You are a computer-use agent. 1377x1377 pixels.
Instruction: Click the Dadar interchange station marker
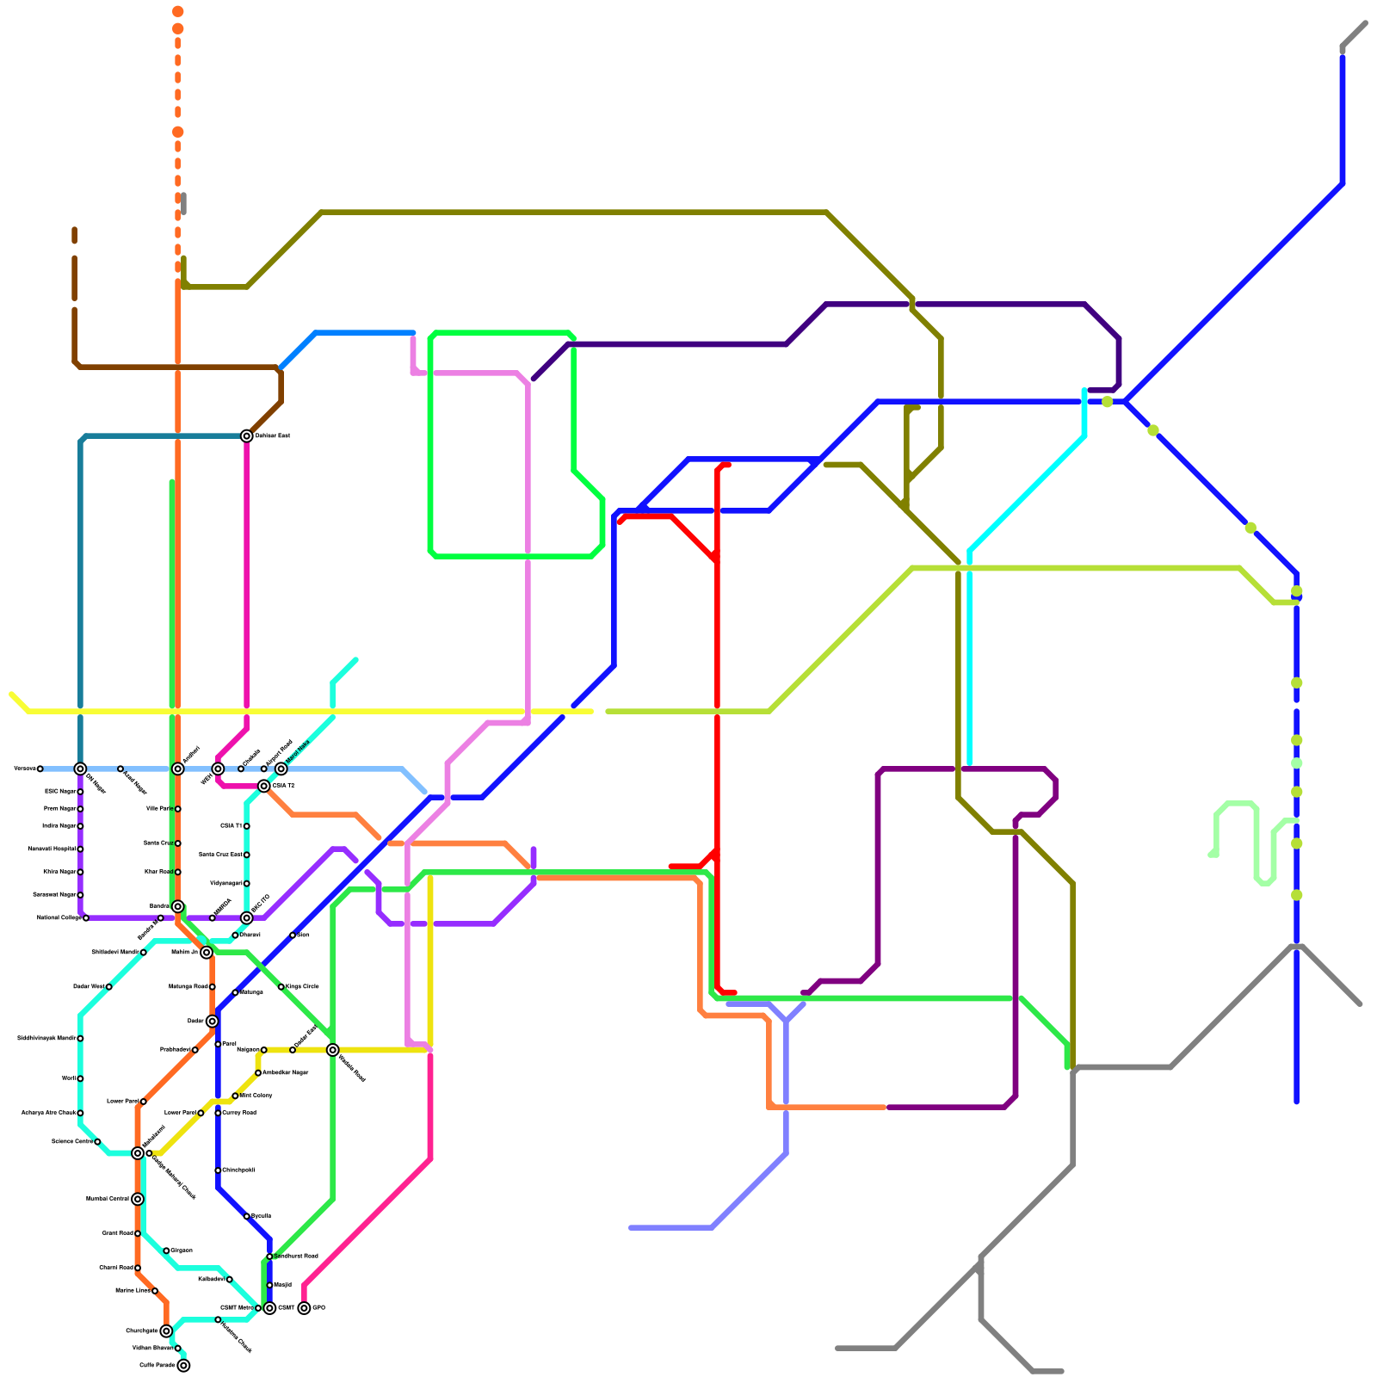[x=212, y=1021]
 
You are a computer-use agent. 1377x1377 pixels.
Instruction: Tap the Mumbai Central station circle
[x=138, y=1199]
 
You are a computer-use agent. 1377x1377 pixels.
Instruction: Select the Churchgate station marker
[x=166, y=1331]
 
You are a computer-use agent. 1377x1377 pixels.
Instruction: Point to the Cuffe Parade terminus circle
[x=183, y=1365]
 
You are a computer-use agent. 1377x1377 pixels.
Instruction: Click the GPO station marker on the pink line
[x=304, y=1308]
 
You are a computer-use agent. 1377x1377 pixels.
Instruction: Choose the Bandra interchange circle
[x=177, y=906]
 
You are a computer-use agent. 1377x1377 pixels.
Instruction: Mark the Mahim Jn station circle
[x=207, y=952]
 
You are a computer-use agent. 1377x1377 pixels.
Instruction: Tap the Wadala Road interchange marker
[x=332, y=1050]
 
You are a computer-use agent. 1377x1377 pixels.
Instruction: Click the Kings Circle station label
[x=302, y=986]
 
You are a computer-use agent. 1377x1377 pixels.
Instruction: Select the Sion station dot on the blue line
[x=293, y=935]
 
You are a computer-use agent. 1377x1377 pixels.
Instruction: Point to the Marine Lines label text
[x=133, y=1290]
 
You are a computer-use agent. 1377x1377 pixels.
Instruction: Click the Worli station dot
[x=80, y=1078]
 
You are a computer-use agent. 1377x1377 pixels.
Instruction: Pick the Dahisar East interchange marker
[x=246, y=435]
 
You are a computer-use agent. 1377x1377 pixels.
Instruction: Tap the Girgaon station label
[x=182, y=1250]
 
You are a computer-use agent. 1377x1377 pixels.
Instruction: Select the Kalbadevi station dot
[x=229, y=1279]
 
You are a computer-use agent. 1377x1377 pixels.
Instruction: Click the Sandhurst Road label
[x=296, y=1256]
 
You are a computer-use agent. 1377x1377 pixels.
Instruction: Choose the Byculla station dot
[x=246, y=1216]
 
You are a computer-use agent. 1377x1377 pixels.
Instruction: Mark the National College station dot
[x=86, y=917]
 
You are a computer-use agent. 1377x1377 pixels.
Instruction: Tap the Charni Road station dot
[x=138, y=1268]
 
